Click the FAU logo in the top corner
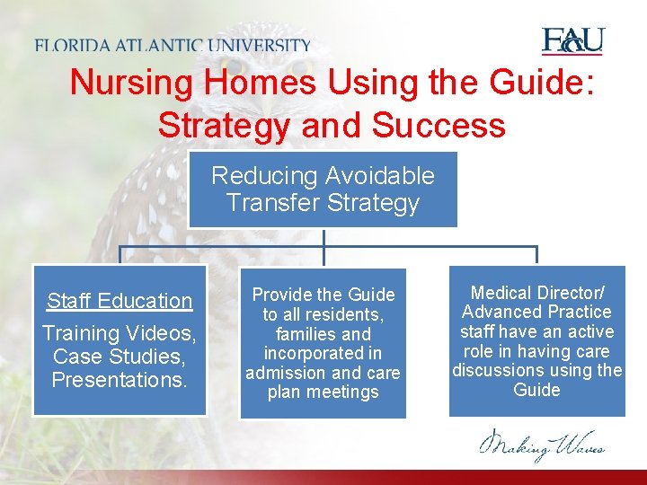click(572, 41)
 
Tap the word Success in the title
click(439, 125)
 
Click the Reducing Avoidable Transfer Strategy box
click(323, 190)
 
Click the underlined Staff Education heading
click(120, 301)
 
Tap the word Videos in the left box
click(164, 333)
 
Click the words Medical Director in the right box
click(536, 293)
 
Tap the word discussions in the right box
click(509, 371)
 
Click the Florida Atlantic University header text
click(173, 45)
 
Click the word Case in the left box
click(75, 357)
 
